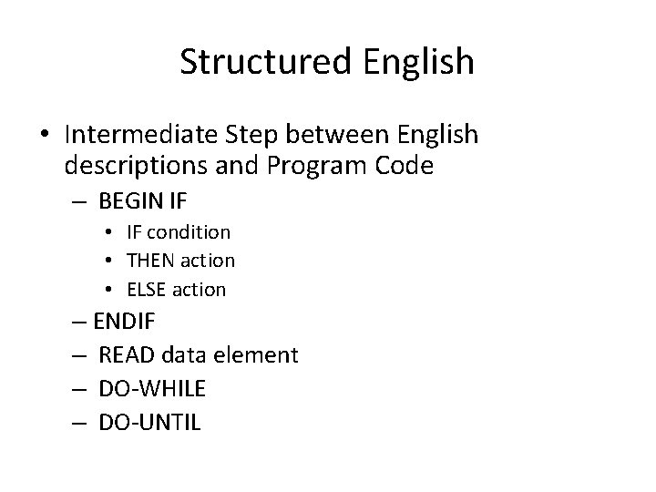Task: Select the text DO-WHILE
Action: [x=152, y=389]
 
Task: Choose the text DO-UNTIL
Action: [x=149, y=422]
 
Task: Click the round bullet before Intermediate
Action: [x=46, y=136]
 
